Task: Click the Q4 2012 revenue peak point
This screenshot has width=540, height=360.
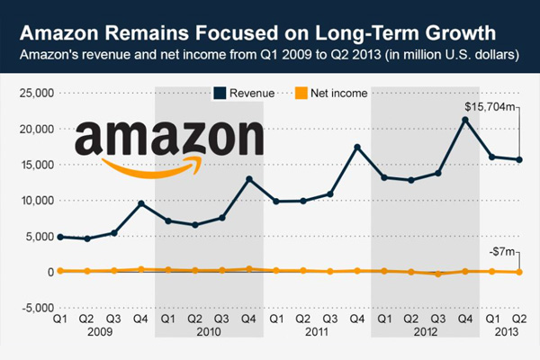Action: (x=464, y=119)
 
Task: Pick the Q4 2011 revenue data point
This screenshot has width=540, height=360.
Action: (x=356, y=147)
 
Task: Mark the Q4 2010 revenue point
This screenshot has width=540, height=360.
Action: (x=248, y=179)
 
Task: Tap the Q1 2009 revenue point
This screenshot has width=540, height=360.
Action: (x=59, y=237)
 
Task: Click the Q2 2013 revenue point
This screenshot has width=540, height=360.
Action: (x=518, y=159)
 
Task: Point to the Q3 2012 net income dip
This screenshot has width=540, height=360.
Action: (x=437, y=274)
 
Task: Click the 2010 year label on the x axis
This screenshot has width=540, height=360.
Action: (x=208, y=331)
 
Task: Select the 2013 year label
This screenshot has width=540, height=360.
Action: (x=505, y=331)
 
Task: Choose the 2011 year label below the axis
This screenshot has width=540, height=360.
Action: (x=316, y=331)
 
